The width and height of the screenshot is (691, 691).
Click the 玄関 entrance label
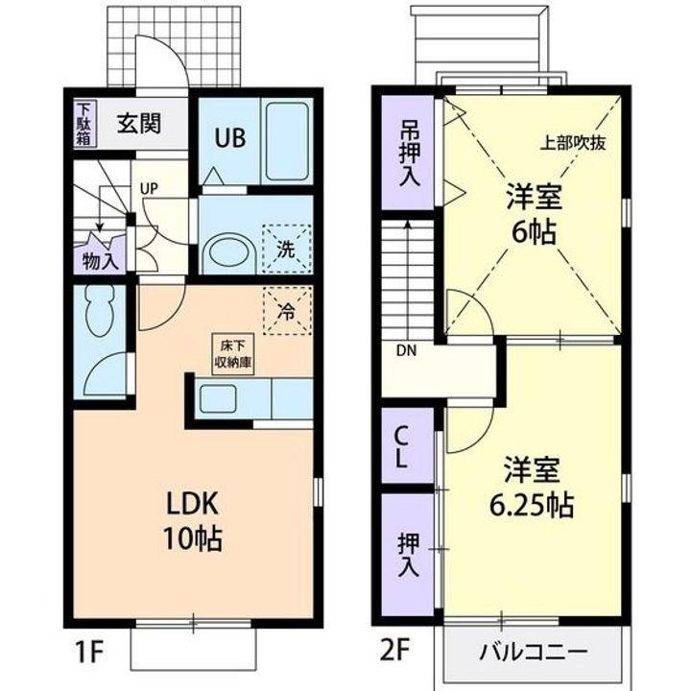tap(138, 124)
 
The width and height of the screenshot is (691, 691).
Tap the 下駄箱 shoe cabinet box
tap(84, 124)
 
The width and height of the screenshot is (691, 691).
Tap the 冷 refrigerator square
tap(287, 310)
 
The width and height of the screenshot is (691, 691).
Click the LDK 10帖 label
tap(196, 520)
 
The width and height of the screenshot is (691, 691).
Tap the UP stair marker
tap(149, 188)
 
